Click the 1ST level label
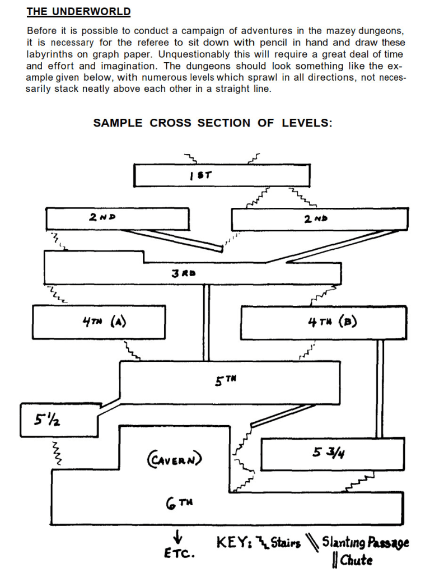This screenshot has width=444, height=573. (x=199, y=175)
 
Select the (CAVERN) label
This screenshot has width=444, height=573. (x=175, y=459)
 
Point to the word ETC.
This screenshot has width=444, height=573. (x=179, y=554)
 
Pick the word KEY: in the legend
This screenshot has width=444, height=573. (x=234, y=542)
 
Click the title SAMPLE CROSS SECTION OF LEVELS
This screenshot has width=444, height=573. (x=213, y=123)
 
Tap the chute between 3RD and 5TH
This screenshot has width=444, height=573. (x=205, y=322)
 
